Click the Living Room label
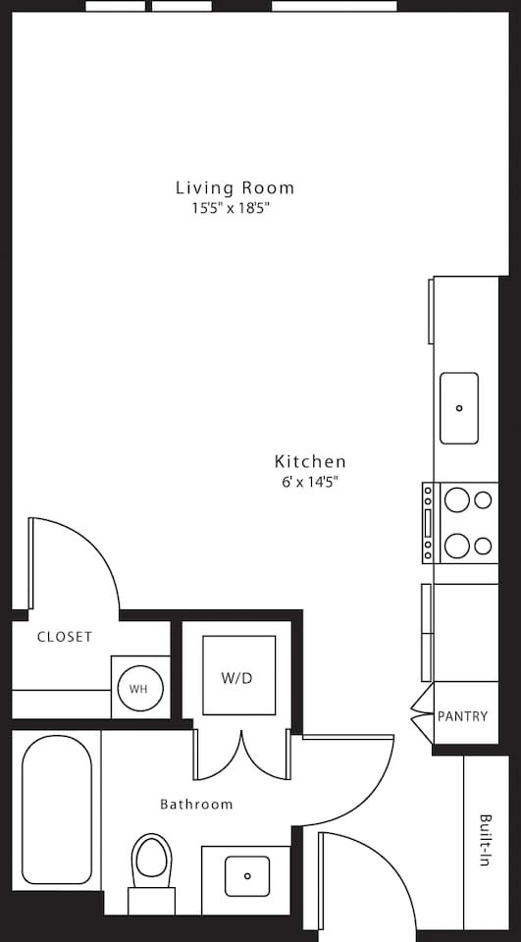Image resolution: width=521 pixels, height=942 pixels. (234, 188)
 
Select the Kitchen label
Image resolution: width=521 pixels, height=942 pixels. (310, 461)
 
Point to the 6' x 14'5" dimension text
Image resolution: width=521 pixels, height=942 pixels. (310, 482)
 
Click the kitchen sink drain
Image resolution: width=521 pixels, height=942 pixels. (459, 408)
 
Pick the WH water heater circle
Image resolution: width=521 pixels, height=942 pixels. (140, 689)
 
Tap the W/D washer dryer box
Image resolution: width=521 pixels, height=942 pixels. (238, 675)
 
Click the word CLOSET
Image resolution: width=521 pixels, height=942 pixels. (65, 637)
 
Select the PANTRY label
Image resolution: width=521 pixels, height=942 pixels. (463, 716)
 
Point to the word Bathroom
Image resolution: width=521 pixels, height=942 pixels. (196, 804)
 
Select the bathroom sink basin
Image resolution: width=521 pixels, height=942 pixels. (247, 876)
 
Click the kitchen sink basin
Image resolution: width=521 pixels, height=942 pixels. (459, 408)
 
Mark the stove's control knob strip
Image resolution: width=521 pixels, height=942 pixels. (428, 523)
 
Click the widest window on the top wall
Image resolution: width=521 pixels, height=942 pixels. (335, 6)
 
